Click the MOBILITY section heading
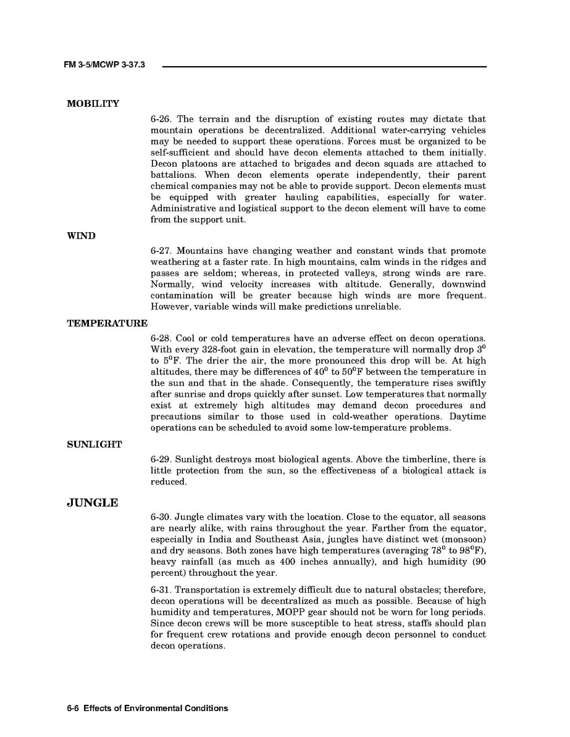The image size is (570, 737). [x=93, y=104]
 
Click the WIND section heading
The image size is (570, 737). [x=81, y=236]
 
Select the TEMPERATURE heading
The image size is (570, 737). [x=107, y=323]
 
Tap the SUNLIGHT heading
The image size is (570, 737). [x=94, y=444]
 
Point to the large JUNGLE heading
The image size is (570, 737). [x=92, y=502]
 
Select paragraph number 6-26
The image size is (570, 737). [x=161, y=119]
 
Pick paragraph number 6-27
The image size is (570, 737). [x=161, y=251]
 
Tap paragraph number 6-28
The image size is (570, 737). [x=161, y=339]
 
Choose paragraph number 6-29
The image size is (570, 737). [x=161, y=460]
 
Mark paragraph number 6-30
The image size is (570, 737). [x=161, y=517]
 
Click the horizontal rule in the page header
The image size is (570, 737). [x=324, y=66]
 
